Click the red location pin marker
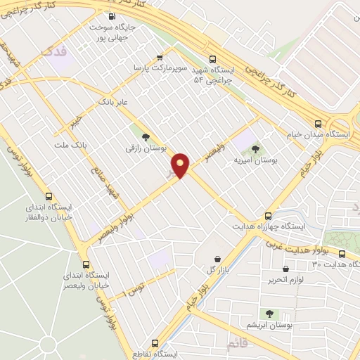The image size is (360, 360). pyautogui.click(x=181, y=165)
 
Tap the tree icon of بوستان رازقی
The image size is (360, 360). pyautogui.click(x=146, y=138)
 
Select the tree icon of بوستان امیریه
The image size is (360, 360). pyautogui.click(x=255, y=148)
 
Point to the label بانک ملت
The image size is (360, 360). pyautogui.click(x=70, y=144)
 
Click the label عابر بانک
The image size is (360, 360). pyautogui.click(x=115, y=102)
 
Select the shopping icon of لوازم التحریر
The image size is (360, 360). pyautogui.click(x=285, y=269)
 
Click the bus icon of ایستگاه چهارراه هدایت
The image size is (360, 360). pyautogui.click(x=268, y=216)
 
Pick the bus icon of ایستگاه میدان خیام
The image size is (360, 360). pyautogui.click(x=318, y=121)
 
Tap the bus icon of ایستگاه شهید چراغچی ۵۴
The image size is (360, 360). pyautogui.click(x=213, y=60)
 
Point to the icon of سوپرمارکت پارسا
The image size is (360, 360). pyautogui.click(x=160, y=58)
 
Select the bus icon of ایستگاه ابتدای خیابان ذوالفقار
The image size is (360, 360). pyautogui.click(x=49, y=196)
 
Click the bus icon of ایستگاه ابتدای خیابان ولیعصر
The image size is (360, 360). pyautogui.click(x=86, y=264)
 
